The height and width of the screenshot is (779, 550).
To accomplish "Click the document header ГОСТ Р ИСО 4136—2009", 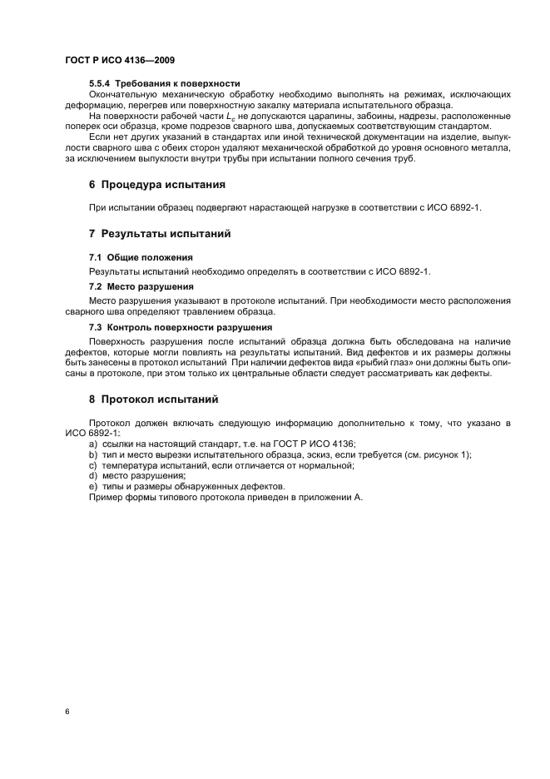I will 120,62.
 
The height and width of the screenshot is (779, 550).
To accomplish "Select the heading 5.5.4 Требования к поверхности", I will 165,83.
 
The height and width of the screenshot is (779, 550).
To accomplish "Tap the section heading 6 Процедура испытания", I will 157,184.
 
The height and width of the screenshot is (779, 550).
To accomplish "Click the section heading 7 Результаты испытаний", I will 160,233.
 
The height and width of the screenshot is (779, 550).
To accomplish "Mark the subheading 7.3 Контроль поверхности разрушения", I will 181,326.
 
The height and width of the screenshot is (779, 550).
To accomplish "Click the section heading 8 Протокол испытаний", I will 154,399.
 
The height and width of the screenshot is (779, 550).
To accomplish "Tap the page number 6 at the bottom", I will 67,712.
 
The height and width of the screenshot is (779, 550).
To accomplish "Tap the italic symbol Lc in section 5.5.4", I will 230,117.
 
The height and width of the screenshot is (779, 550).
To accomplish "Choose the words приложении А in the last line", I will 330,497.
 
